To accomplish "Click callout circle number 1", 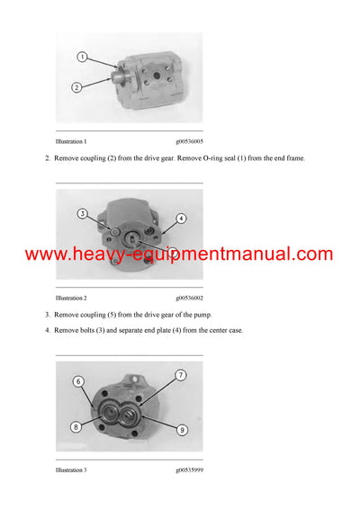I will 81,57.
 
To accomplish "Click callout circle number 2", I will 77,87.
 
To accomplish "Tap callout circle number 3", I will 82,214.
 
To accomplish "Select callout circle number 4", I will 180,219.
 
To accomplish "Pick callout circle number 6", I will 77,382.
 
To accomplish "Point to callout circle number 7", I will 180,375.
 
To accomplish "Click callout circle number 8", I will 77,426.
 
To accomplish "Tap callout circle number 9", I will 181,430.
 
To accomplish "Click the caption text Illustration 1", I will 71,141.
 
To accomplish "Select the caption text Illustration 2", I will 71,297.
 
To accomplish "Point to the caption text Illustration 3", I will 71,469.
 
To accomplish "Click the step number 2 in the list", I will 47,158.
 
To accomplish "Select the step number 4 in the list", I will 47,330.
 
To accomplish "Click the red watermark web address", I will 179,254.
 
